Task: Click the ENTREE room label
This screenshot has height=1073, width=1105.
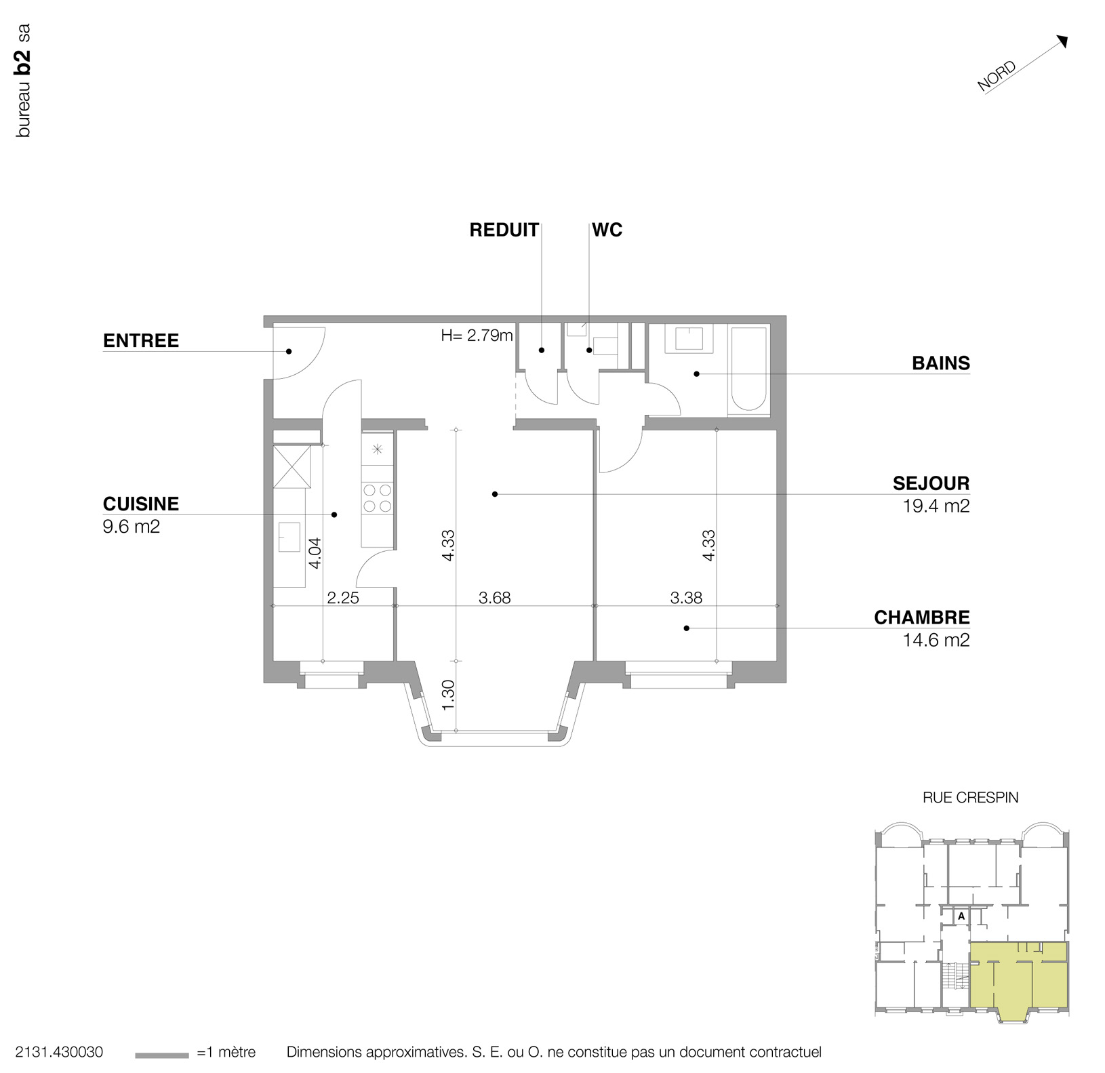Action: point(141,340)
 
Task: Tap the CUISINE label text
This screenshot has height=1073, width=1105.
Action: point(141,504)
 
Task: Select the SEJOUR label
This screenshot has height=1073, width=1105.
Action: point(931,483)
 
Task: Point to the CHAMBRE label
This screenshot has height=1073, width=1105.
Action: point(921,618)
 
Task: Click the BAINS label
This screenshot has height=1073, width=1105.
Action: point(940,363)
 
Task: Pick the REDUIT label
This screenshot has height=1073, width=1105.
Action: point(504,230)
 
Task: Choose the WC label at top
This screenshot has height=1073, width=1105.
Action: point(607,230)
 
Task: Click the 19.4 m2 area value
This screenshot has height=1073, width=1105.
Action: point(936,506)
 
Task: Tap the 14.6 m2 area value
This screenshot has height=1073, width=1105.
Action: point(936,640)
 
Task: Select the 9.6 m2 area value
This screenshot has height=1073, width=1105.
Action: point(132,526)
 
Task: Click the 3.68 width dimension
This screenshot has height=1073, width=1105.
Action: point(494,598)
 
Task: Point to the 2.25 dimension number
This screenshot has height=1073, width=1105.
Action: point(342,598)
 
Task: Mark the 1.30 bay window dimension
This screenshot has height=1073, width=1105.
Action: point(448,695)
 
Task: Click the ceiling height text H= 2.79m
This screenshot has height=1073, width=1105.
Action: point(477,335)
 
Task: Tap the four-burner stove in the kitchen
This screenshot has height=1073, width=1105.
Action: point(377,497)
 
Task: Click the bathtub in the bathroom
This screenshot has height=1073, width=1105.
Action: point(748,370)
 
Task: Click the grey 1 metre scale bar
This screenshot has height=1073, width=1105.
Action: point(161,1055)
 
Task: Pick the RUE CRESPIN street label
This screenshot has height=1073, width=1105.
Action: point(970,798)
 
